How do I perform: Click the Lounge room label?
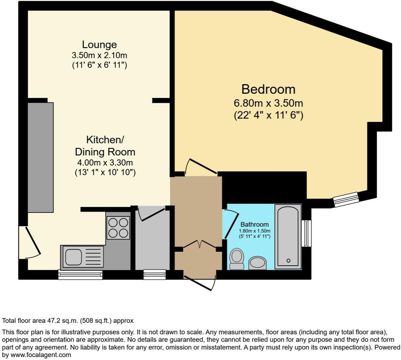(x=99, y=45)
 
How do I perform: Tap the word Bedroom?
(x=268, y=89)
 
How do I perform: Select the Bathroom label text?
(x=254, y=225)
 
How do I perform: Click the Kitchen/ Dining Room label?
(x=105, y=145)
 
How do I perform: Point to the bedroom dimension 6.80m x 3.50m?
(x=268, y=103)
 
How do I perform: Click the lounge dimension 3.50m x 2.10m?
(x=99, y=56)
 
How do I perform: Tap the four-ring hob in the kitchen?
(x=118, y=228)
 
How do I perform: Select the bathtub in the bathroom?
(x=288, y=237)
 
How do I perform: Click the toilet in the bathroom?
(x=236, y=258)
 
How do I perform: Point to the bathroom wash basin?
(x=257, y=263)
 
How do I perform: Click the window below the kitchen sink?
(x=80, y=275)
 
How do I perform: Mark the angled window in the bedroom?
(x=346, y=199)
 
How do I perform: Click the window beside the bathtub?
(x=307, y=233)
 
